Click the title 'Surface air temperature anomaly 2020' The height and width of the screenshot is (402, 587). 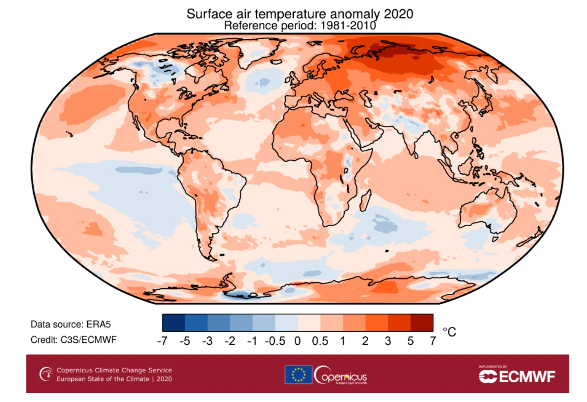pos(300,14)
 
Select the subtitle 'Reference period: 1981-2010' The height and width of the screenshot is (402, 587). pos(300,25)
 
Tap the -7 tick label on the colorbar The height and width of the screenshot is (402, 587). pos(163,341)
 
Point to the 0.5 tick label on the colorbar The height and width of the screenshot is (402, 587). pos(321,341)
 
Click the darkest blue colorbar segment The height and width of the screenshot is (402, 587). pos(174,322)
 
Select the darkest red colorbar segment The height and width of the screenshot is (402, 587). pos(422,322)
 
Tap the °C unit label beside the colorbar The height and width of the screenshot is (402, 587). pos(449,332)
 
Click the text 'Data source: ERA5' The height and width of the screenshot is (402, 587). pos(71,324)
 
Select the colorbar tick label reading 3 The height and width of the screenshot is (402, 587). pos(388,341)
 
